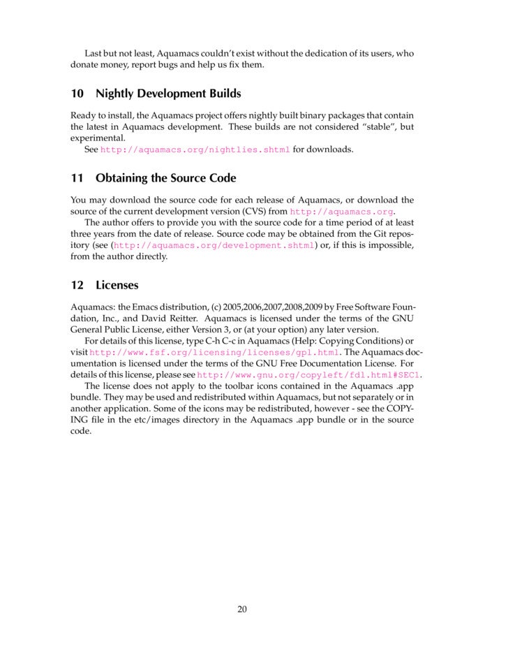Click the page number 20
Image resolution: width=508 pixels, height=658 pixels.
pyautogui.click(x=242, y=608)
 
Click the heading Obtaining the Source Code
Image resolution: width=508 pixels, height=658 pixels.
pyautogui.click(x=165, y=178)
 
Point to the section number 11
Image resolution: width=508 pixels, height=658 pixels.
pyautogui.click(x=77, y=178)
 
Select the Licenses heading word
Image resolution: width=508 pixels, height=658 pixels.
pyautogui.click(x=117, y=286)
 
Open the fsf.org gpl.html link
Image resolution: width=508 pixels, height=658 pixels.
pyautogui.click(x=214, y=353)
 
